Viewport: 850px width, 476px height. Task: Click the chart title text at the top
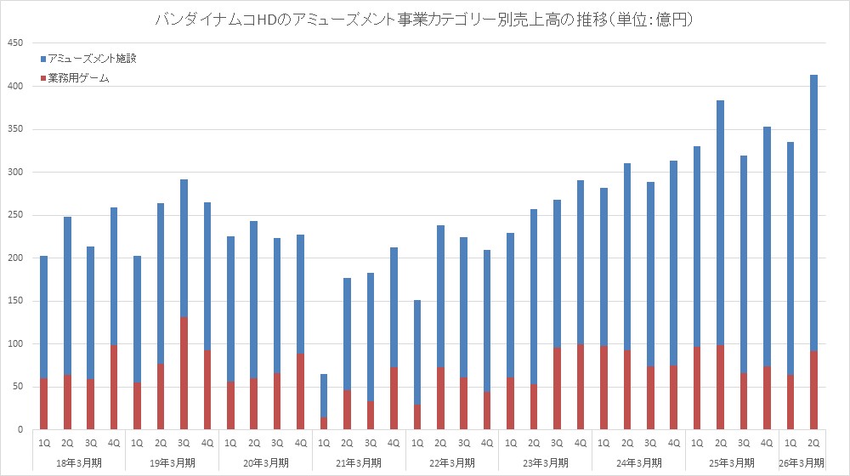point(424,19)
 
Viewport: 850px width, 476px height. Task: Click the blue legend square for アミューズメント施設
point(44,59)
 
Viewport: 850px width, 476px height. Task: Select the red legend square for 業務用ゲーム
point(44,78)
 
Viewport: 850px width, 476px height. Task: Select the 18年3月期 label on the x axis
point(78,462)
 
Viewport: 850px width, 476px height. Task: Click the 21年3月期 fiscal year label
point(359,462)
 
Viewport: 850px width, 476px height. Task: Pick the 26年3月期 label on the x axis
point(802,462)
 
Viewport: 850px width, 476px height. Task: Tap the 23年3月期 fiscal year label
point(546,462)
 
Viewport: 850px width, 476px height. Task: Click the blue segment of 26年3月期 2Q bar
point(813,212)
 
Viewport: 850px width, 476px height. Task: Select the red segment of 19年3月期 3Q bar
point(184,373)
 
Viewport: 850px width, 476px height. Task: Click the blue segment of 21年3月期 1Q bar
point(324,395)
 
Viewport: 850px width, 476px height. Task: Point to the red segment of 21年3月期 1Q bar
point(324,423)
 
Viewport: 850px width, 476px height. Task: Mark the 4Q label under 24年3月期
point(674,442)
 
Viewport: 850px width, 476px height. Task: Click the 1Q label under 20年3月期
point(230,442)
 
